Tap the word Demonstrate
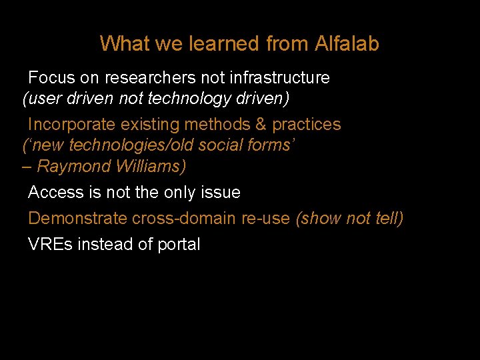click(78, 219)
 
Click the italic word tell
click(388, 219)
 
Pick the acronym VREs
click(51, 245)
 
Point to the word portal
click(179, 245)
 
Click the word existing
click(147, 125)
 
